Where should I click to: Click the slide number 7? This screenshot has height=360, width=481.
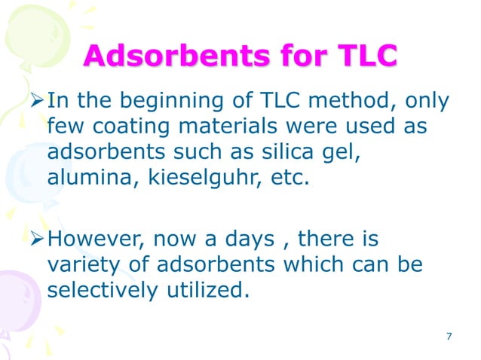[x=449, y=336]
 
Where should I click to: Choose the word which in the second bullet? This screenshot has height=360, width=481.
[x=318, y=265]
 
